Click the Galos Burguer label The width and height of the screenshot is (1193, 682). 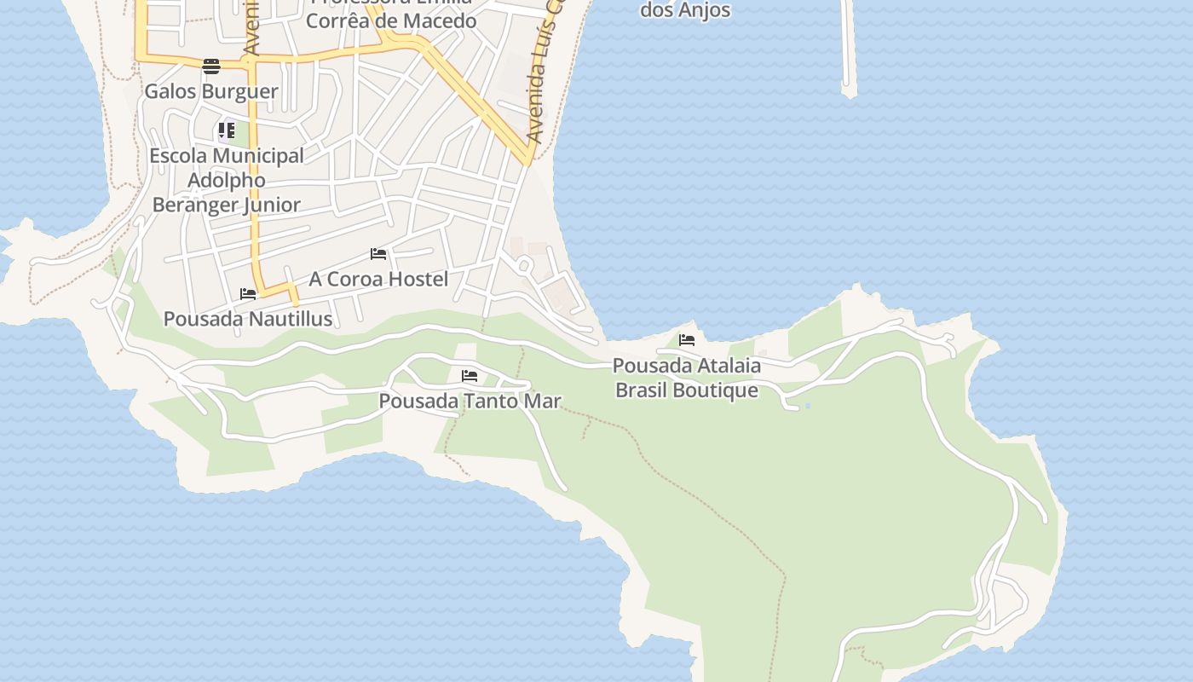coord(211,91)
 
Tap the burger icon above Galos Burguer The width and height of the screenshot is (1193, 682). coord(211,66)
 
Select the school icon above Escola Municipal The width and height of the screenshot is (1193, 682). coord(226,130)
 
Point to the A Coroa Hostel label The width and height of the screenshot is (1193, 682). coord(378,279)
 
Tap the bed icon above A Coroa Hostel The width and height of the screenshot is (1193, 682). coord(378,254)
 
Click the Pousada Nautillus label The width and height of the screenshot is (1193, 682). coord(247,319)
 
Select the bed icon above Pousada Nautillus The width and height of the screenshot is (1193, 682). coord(248,294)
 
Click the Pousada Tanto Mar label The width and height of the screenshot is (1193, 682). coord(470,401)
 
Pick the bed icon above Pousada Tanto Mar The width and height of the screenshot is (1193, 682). coord(470,376)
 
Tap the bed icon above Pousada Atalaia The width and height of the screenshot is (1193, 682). coord(687,340)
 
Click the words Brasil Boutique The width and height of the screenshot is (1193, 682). coord(687,390)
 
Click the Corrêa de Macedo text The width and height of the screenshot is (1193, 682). coord(391,20)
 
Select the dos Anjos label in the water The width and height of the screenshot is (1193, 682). coord(685,10)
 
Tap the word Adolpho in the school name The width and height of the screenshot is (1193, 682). coord(227,180)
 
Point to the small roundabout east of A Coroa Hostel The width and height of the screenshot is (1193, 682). coord(525,267)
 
